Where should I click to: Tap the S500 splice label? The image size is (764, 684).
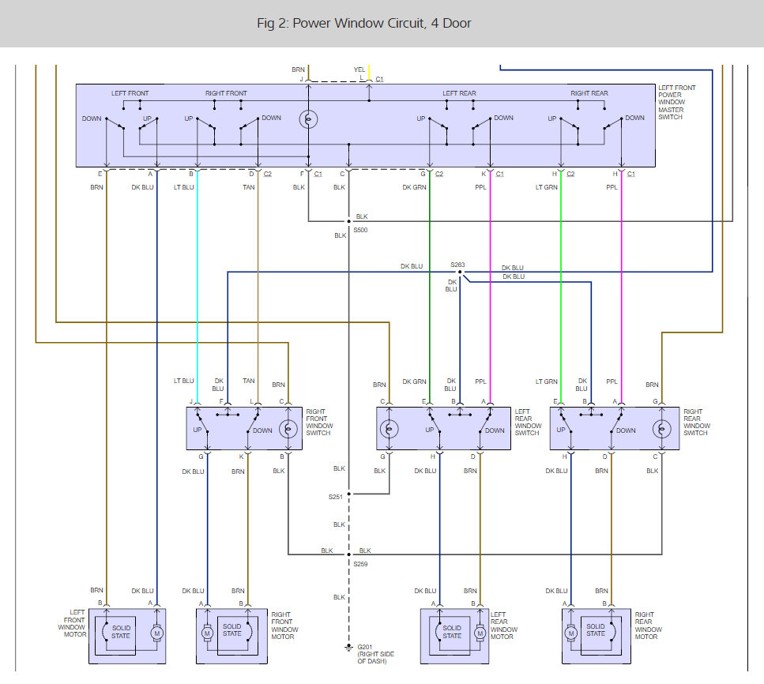pyautogui.click(x=360, y=230)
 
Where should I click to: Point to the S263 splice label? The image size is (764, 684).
pyautogui.click(x=457, y=265)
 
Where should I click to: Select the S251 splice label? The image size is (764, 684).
pyautogui.click(x=337, y=498)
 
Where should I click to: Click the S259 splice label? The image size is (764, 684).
pyautogui.click(x=360, y=563)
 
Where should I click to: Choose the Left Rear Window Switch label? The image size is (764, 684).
pyautogui.click(x=529, y=422)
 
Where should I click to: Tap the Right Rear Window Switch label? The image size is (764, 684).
pyautogui.click(x=697, y=423)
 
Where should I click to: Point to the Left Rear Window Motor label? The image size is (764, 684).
pyautogui.click(x=503, y=625)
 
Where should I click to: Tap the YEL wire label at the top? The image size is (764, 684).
pyautogui.click(x=359, y=70)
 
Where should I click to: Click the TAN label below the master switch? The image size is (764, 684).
pyautogui.click(x=250, y=187)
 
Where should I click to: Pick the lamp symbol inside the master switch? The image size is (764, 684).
pyautogui.click(x=309, y=119)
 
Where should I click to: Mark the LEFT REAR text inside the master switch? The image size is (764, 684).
pyautogui.click(x=460, y=93)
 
